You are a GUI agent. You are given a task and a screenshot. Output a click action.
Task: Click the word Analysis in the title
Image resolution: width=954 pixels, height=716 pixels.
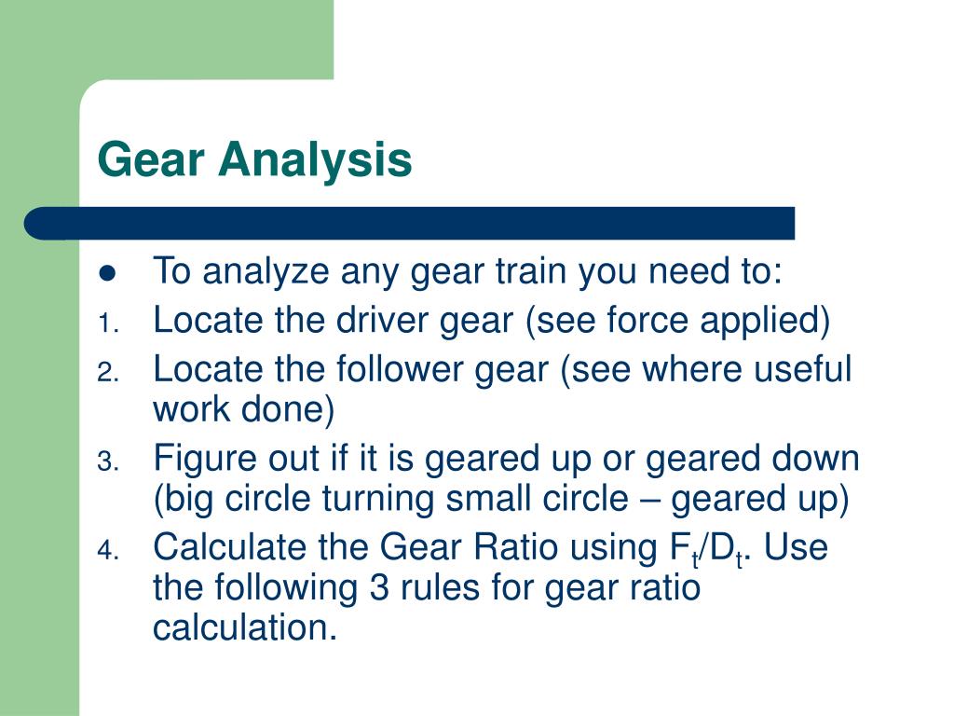pyautogui.click(x=316, y=160)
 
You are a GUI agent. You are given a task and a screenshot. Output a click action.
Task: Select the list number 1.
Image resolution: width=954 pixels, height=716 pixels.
pyautogui.click(x=106, y=324)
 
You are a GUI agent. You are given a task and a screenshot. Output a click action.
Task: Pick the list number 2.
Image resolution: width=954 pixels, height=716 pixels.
pyautogui.click(x=106, y=373)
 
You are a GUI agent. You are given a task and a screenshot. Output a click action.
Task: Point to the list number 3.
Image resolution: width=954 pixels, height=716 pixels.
pyautogui.click(x=106, y=462)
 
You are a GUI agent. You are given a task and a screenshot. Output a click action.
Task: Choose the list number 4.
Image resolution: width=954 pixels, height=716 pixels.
pyautogui.click(x=106, y=551)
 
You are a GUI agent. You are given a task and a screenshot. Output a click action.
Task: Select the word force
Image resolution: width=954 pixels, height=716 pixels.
pyautogui.click(x=644, y=321)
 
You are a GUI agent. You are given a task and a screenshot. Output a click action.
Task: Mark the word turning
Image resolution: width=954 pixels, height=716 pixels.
pyautogui.click(x=380, y=500)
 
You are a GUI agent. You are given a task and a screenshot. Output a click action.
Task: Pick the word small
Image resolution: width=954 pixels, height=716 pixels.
pyautogui.click(x=484, y=500)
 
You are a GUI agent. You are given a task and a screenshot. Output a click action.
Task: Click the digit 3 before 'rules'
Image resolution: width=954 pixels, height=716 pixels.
pyautogui.click(x=370, y=588)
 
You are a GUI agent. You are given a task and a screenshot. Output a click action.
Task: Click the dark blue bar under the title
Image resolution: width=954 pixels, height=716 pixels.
pyautogui.click(x=410, y=224)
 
